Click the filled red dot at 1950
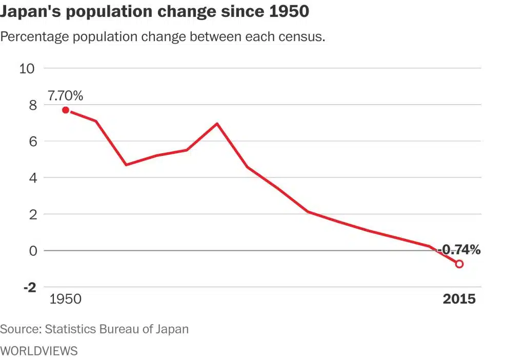point(66,110)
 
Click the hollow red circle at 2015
point(459,264)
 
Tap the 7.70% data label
point(65,96)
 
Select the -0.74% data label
point(459,250)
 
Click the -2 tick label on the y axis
point(29,287)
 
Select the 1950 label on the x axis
point(65,299)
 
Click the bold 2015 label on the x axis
point(459,299)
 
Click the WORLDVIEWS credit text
point(39,351)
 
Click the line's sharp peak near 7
point(217,124)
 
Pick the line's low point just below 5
point(126,165)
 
